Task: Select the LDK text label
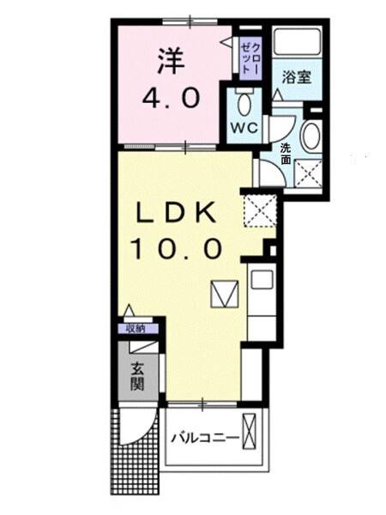pos(176,211)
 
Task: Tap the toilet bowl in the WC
pos(244,106)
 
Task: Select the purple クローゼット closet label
pos(249,54)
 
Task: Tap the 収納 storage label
pos(136,328)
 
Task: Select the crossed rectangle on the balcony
pos(250,431)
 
